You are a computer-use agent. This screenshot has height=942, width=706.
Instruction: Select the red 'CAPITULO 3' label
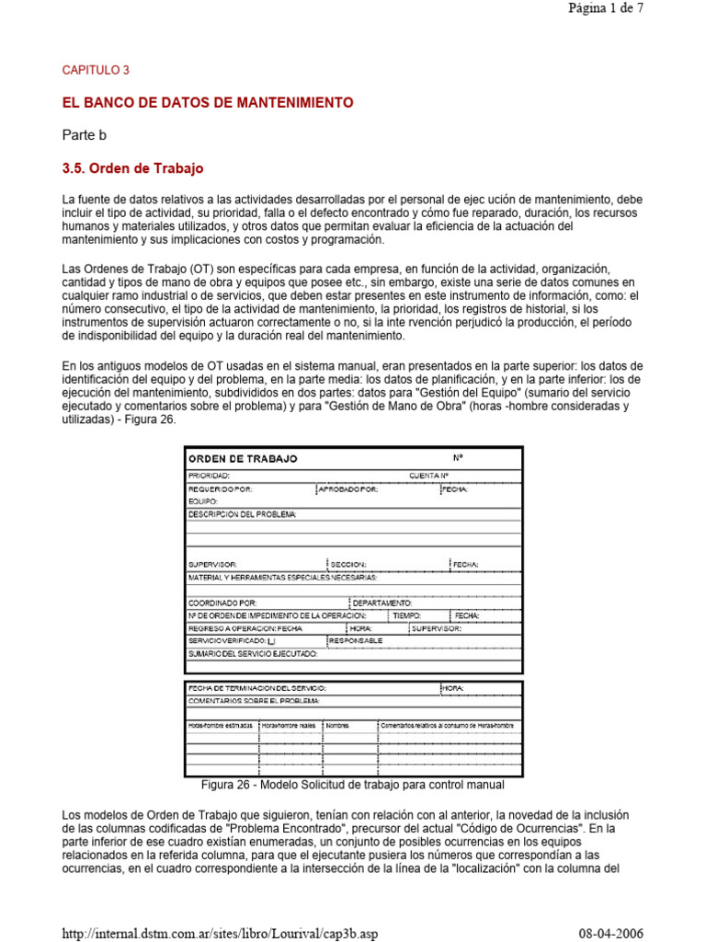[x=96, y=70]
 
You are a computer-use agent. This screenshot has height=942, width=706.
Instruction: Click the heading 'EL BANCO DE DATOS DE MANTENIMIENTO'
[x=207, y=103]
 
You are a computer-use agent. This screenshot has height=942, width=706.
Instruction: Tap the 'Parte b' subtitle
[x=85, y=135]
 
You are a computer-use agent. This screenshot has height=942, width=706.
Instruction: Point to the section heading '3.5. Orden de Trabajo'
[x=132, y=169]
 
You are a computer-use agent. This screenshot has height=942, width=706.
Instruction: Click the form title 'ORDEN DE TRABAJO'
[x=243, y=458]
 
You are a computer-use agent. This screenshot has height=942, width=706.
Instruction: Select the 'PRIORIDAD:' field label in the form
[x=209, y=476]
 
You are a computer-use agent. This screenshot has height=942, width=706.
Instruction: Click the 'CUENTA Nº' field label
[x=428, y=476]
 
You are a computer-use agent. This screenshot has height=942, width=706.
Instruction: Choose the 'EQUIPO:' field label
[x=202, y=502]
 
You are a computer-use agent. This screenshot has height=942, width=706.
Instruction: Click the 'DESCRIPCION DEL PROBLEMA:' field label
[x=242, y=514]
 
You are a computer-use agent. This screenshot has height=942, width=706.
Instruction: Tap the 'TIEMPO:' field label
[x=406, y=615]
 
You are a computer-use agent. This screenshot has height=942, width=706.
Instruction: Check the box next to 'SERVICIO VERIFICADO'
[x=270, y=640]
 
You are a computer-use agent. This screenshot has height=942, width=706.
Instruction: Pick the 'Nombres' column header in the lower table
[x=337, y=726]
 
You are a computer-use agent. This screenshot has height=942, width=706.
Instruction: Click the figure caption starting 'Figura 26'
[x=352, y=785]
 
